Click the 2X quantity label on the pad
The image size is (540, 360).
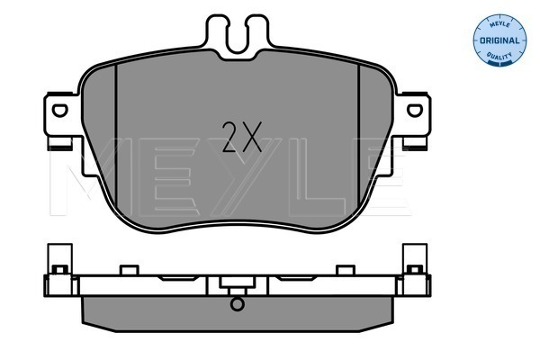click(242, 137)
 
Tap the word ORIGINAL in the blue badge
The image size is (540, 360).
click(499, 40)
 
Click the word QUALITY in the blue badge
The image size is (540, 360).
click(499, 55)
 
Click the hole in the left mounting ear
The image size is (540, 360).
click(60, 111)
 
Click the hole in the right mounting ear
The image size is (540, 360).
click(415, 111)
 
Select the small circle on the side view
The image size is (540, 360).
click(238, 304)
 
